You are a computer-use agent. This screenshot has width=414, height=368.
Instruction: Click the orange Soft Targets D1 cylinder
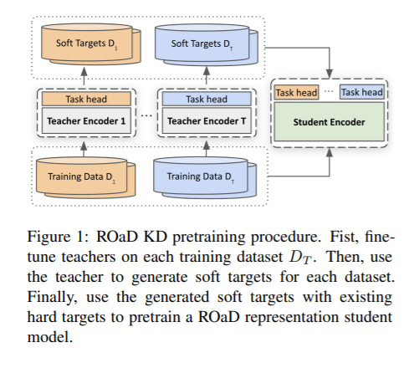click(x=91, y=44)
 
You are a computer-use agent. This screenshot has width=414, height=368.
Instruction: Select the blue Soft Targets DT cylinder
click(x=207, y=44)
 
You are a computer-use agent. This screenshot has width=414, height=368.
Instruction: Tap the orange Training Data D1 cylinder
click(x=86, y=177)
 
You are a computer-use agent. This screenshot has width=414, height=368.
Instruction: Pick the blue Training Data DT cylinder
click(x=205, y=177)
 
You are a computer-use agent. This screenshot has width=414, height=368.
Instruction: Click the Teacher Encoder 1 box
click(x=86, y=121)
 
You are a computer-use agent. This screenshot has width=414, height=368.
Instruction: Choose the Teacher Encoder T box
click(x=207, y=121)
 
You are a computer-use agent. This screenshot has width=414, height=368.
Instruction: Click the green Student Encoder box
click(x=330, y=122)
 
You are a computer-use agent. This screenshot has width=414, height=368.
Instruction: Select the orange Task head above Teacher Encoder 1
click(x=86, y=99)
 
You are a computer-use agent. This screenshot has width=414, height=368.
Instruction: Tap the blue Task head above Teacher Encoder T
click(x=207, y=99)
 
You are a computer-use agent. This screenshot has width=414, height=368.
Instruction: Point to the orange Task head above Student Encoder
click(x=296, y=92)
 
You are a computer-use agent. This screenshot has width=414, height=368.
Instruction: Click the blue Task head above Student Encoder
click(x=362, y=92)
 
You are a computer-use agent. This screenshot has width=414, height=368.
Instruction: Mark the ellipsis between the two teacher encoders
click(x=146, y=115)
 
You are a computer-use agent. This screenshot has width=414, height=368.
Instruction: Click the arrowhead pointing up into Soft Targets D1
click(x=84, y=72)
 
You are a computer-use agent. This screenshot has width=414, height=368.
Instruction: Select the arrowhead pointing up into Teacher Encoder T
click(x=207, y=146)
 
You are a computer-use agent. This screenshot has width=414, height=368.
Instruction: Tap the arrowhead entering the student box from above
click(x=330, y=74)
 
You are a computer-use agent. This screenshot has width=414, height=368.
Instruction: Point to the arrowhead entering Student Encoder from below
click(x=330, y=152)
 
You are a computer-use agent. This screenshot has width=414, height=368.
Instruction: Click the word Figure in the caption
click(x=49, y=238)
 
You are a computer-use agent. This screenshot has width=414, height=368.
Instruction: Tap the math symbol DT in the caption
click(x=300, y=258)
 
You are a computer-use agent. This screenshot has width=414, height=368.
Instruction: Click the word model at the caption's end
click(x=49, y=337)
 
